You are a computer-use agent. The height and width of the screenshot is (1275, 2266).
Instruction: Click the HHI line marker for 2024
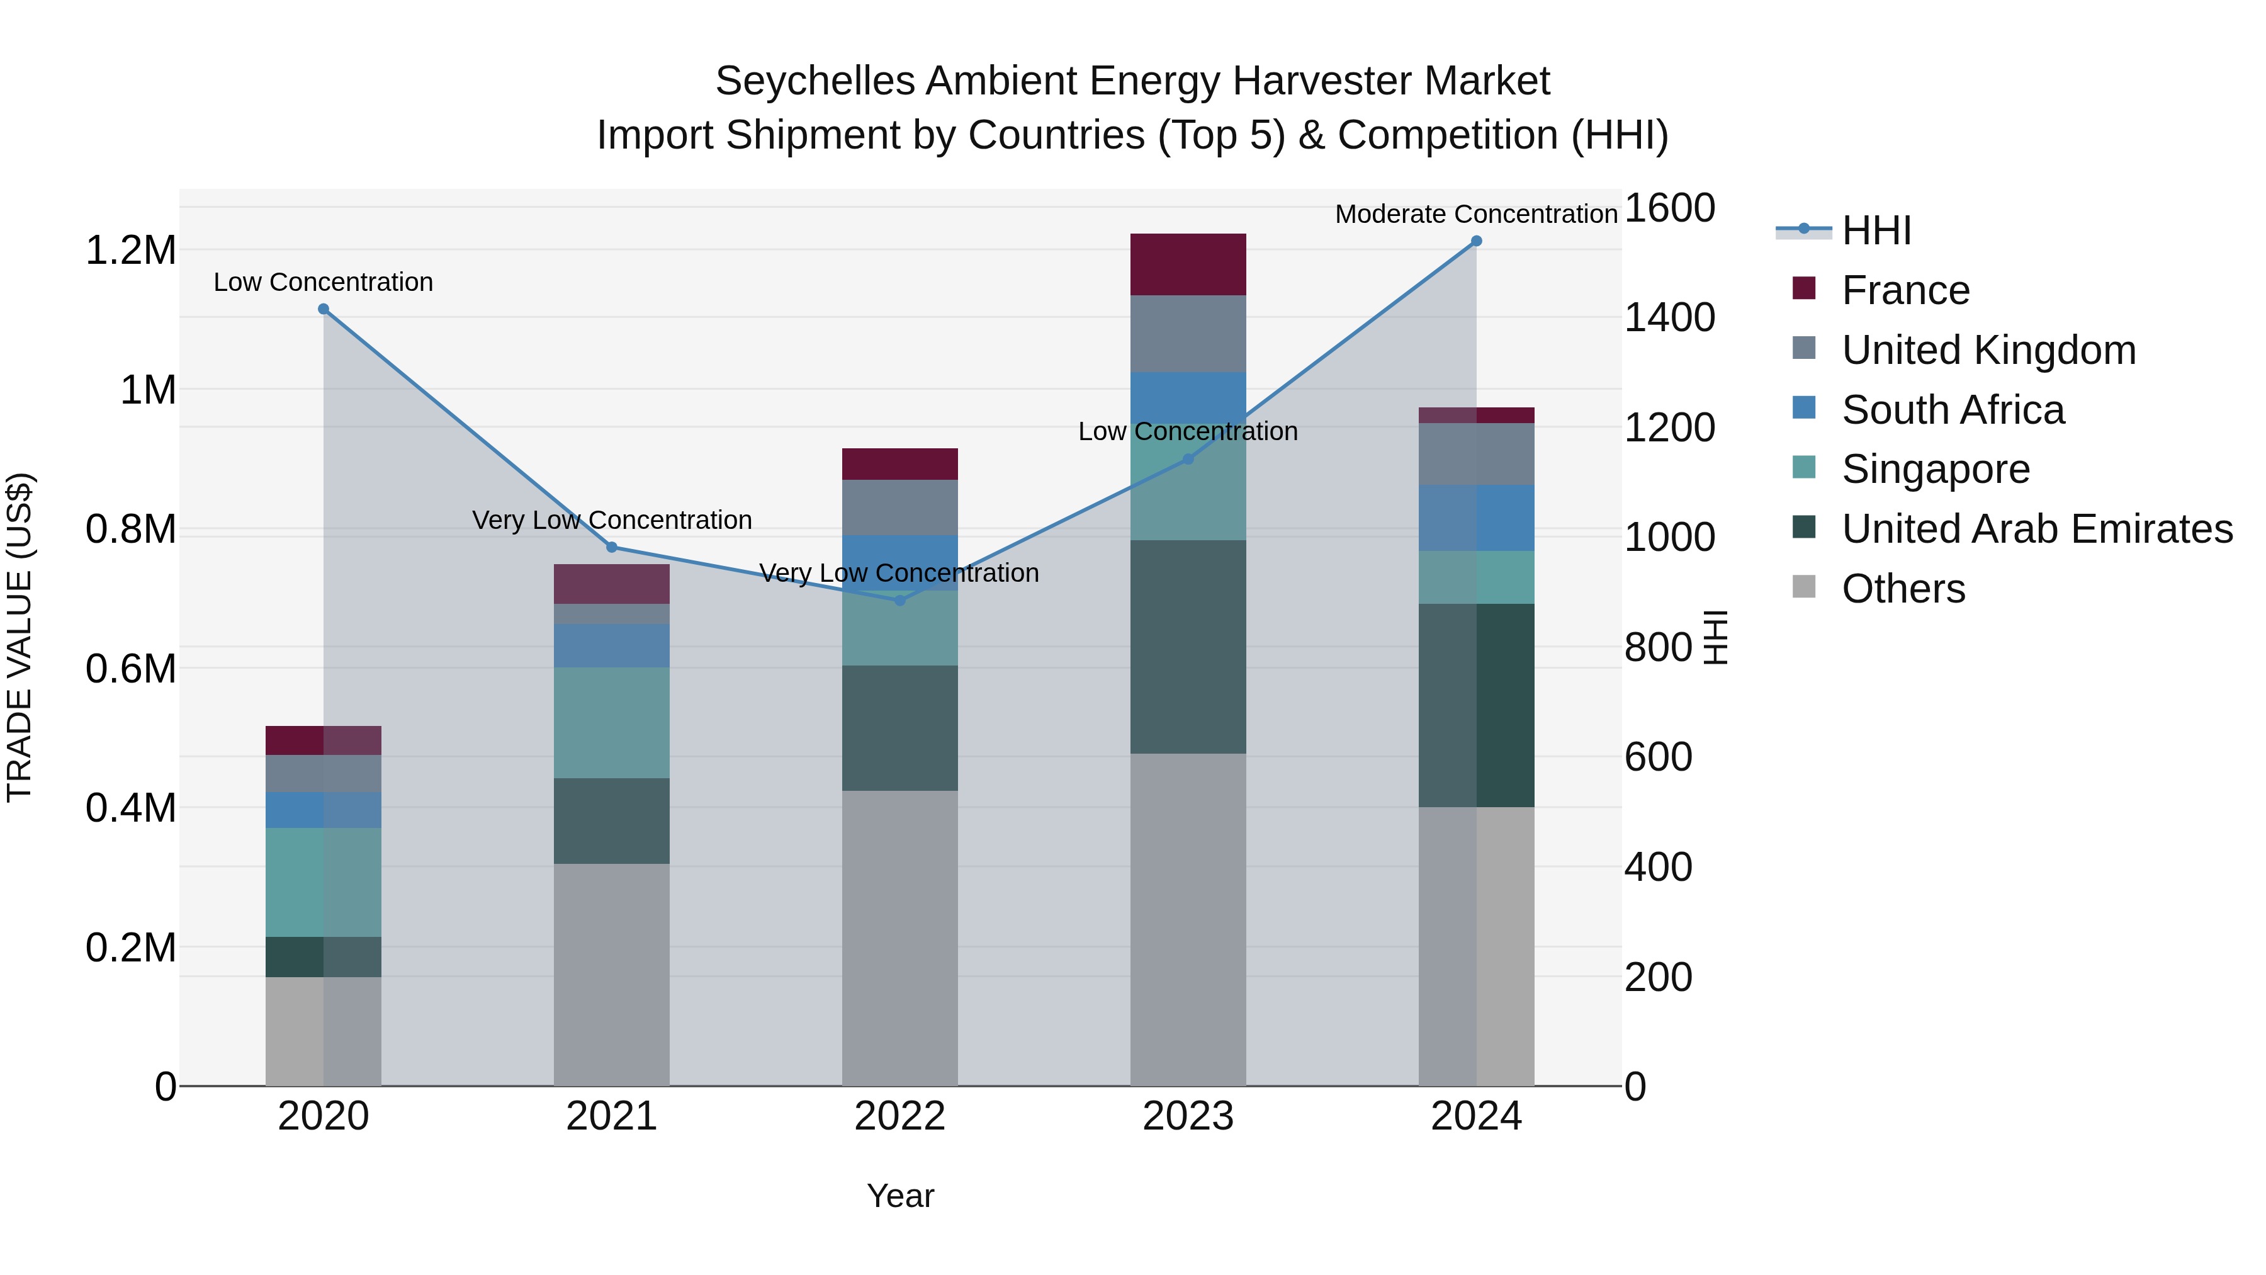(x=1476, y=241)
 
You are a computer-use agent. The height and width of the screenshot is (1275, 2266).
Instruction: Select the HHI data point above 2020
(x=324, y=309)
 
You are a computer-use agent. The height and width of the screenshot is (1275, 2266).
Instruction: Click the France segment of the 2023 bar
(x=1188, y=264)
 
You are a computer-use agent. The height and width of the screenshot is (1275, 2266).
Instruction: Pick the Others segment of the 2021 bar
(x=611, y=974)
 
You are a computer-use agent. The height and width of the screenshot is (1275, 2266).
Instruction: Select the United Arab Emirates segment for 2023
(x=1188, y=647)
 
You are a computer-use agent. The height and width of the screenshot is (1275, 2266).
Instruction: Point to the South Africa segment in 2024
(x=1476, y=518)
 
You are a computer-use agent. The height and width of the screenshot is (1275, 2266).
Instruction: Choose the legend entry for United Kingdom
(x=1988, y=350)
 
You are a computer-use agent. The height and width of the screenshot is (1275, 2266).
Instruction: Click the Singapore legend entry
(x=1936, y=469)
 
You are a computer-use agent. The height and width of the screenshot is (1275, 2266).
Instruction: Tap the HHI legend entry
(x=1876, y=230)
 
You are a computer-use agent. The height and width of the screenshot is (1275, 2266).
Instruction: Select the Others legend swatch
(x=1803, y=587)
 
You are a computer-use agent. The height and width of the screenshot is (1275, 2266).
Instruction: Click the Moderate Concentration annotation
(x=1476, y=214)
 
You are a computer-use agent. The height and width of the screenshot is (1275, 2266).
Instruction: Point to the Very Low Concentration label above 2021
(x=611, y=520)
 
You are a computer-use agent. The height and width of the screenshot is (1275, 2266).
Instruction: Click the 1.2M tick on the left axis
(x=130, y=251)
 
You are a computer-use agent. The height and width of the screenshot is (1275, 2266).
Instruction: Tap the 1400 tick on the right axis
(x=1669, y=318)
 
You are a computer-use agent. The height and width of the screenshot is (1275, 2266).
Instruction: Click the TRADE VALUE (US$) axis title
(x=20, y=637)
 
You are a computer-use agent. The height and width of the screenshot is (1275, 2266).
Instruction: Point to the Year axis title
(x=900, y=1196)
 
